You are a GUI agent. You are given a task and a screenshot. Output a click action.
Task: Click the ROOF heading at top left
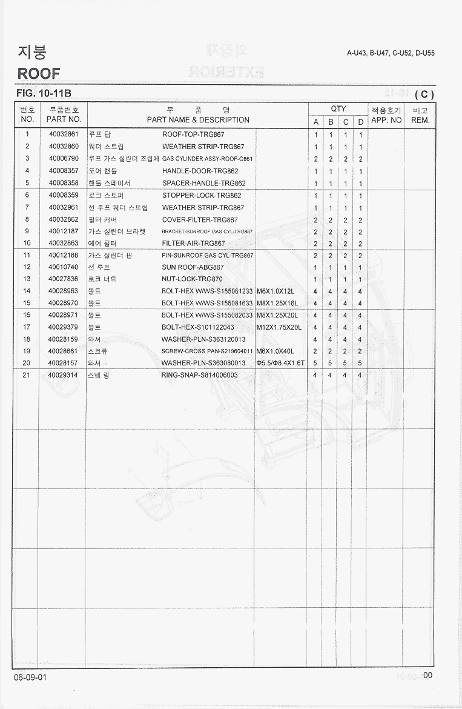coord(39,73)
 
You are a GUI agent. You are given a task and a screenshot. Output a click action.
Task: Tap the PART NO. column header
coord(64,120)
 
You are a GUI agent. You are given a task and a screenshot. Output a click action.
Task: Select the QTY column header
coord(338,108)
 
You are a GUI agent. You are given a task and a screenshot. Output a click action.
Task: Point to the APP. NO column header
coord(386,120)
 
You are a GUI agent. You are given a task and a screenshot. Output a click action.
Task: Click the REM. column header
coord(420,120)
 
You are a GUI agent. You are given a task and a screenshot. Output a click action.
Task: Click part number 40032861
coord(64,135)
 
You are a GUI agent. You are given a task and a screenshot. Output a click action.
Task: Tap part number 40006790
coord(64,159)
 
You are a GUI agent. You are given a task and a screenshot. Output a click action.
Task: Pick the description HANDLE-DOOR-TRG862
coord(200,171)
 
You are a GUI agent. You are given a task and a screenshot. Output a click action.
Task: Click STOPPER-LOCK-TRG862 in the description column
coord(202,195)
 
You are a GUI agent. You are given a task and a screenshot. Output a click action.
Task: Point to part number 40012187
coord(64,231)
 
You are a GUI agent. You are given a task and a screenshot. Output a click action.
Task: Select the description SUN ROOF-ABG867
coord(193,267)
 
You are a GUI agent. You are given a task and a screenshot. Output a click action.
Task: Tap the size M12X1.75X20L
coord(279,327)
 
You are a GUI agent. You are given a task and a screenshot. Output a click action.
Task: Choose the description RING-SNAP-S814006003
coord(199,375)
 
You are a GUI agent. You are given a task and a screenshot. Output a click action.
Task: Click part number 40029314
coord(64,375)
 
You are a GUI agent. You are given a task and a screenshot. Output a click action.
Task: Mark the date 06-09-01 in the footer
coord(31,677)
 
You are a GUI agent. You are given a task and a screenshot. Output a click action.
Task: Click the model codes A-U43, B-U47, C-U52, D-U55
coord(391,53)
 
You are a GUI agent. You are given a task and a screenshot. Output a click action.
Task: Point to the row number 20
coord(27,363)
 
